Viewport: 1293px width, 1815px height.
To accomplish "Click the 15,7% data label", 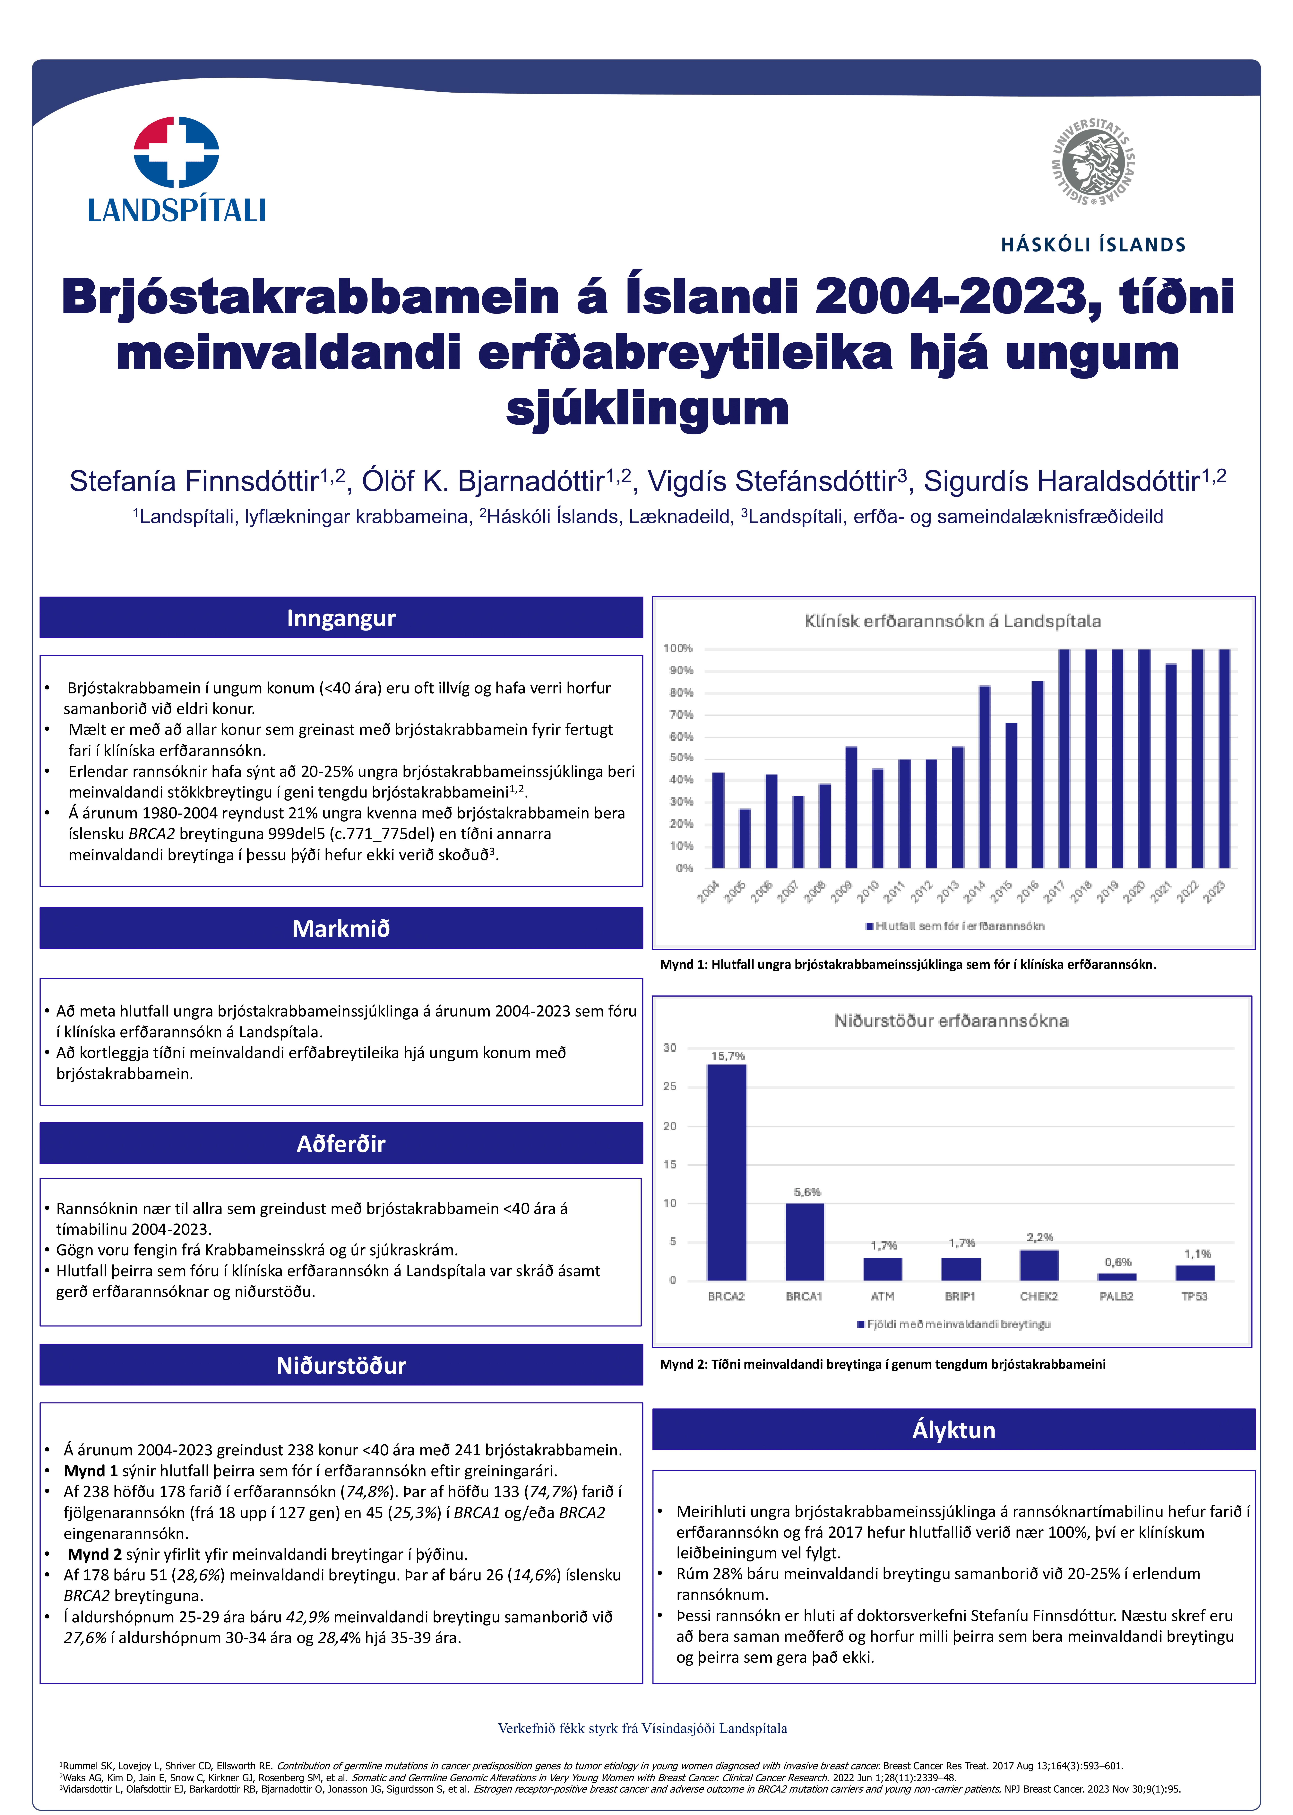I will pyautogui.click(x=727, y=1056).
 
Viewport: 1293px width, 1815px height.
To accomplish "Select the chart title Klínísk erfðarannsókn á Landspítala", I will pyautogui.click(x=952, y=622).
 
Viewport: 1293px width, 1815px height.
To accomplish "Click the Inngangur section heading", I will pyautogui.click(x=341, y=618).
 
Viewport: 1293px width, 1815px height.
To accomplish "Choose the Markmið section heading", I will pyautogui.click(x=341, y=929).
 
